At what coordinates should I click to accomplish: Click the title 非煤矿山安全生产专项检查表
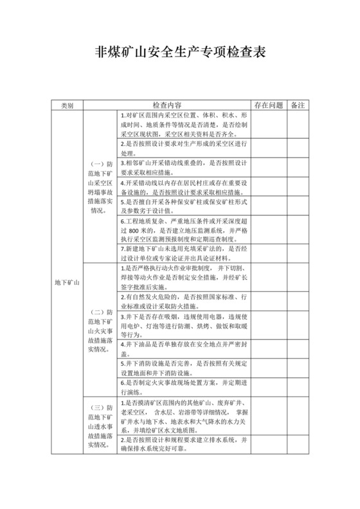[x=180, y=52]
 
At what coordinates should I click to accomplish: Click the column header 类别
[x=67, y=105]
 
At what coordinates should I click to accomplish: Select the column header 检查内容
[x=166, y=105]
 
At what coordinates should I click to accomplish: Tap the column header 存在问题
[x=268, y=105]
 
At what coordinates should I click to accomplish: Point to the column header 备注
[x=298, y=105]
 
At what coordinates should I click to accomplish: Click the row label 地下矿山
[x=67, y=283]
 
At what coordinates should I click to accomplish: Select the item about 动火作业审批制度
[x=184, y=276]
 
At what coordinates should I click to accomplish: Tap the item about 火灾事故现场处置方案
[x=184, y=388]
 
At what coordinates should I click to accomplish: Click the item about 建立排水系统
[x=184, y=444]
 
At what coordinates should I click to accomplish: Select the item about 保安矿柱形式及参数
[x=184, y=205]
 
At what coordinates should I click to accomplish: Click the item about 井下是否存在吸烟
[x=184, y=326]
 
